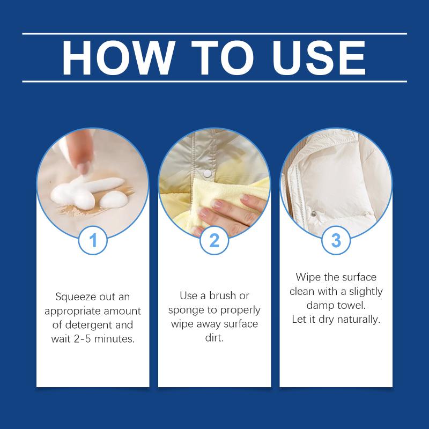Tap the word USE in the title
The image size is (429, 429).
(x=319, y=57)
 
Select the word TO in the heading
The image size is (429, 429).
(x=223, y=57)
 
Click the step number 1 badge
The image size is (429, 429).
(x=93, y=240)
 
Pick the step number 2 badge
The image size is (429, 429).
(x=214, y=240)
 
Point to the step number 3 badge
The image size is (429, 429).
(x=336, y=240)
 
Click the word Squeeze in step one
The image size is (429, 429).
(x=76, y=297)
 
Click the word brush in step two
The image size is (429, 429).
(x=223, y=295)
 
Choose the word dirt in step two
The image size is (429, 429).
(x=214, y=338)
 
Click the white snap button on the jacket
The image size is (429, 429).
(x=208, y=173)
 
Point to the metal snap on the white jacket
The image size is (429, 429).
(x=314, y=213)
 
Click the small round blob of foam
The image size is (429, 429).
(x=114, y=199)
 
